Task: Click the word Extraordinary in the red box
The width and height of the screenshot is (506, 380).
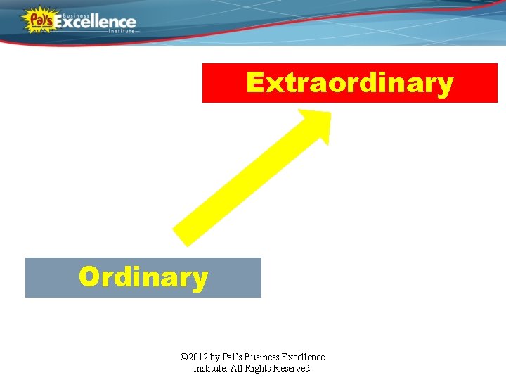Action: click(349, 84)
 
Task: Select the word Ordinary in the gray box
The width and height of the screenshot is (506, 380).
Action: click(143, 277)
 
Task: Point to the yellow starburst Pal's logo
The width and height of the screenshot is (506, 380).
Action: click(37, 20)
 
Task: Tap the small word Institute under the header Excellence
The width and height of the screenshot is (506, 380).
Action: click(121, 32)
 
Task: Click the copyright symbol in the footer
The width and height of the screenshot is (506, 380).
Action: click(184, 357)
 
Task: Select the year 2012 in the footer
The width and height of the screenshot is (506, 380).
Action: click(200, 357)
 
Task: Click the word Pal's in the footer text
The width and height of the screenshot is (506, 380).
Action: click(235, 357)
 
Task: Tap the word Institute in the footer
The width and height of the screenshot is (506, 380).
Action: click(211, 368)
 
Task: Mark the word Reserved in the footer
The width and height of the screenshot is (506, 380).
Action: click(294, 368)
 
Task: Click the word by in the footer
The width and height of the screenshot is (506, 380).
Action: click(219, 357)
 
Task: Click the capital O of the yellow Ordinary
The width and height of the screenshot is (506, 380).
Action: click(89, 277)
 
